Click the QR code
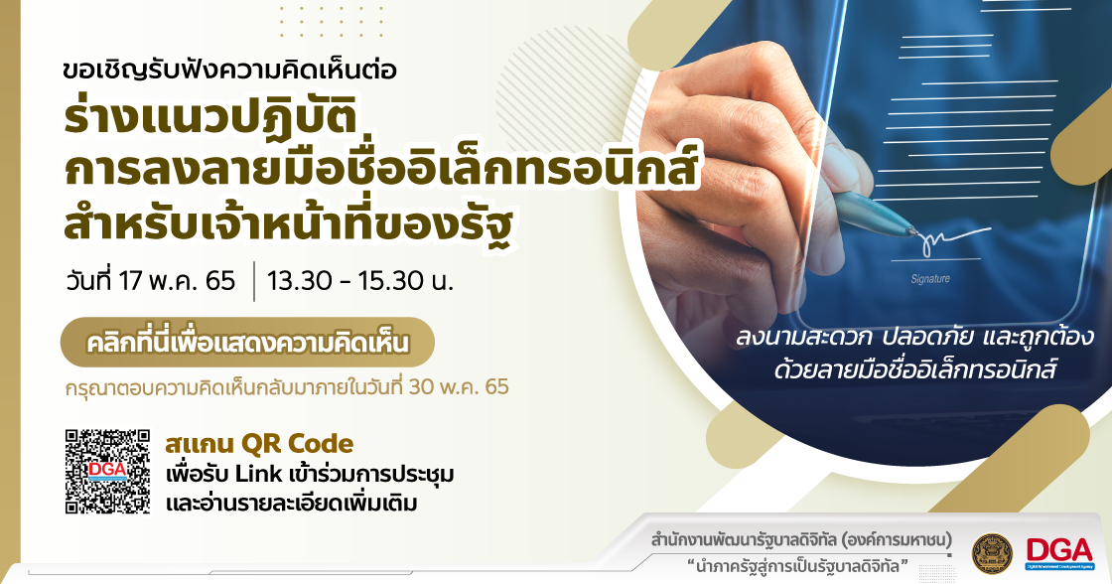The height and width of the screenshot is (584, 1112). (108, 471)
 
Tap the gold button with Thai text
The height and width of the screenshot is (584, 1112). (247, 342)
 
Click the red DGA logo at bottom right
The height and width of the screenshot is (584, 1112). (1059, 553)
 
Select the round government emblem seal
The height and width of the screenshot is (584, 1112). (993, 553)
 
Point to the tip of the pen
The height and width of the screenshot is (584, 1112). (917, 232)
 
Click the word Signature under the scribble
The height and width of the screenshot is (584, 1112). (929, 279)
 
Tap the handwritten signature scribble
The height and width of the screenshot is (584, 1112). (954, 239)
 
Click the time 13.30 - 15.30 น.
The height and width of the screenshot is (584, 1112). (360, 281)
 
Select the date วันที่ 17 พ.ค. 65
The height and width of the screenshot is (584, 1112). (150, 279)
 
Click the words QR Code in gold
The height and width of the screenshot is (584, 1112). (297, 444)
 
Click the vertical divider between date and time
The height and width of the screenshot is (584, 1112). (253, 282)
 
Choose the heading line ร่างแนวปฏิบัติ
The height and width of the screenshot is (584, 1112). (209, 115)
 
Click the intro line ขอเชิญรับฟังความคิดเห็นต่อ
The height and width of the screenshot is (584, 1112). (229, 70)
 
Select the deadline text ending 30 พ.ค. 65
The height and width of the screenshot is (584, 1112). (287, 386)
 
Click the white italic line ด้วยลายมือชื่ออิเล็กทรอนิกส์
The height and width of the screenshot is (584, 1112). (915, 369)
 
